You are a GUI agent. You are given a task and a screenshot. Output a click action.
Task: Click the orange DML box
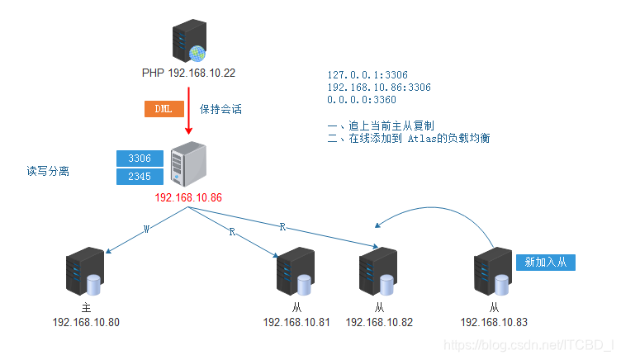point(164,108)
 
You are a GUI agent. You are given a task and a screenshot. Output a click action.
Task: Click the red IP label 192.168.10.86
point(188,198)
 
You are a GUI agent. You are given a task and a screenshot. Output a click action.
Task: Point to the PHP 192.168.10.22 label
point(188,73)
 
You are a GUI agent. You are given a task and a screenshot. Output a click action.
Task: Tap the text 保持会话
point(220,108)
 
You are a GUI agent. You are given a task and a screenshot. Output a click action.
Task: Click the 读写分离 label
point(47,171)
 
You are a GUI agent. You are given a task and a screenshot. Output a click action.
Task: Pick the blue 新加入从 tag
point(545,262)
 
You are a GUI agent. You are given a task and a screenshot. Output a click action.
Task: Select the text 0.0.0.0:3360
point(362,99)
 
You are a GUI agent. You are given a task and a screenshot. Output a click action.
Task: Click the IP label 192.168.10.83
point(494,322)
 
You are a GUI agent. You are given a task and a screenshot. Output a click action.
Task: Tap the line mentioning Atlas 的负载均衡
point(409,138)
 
